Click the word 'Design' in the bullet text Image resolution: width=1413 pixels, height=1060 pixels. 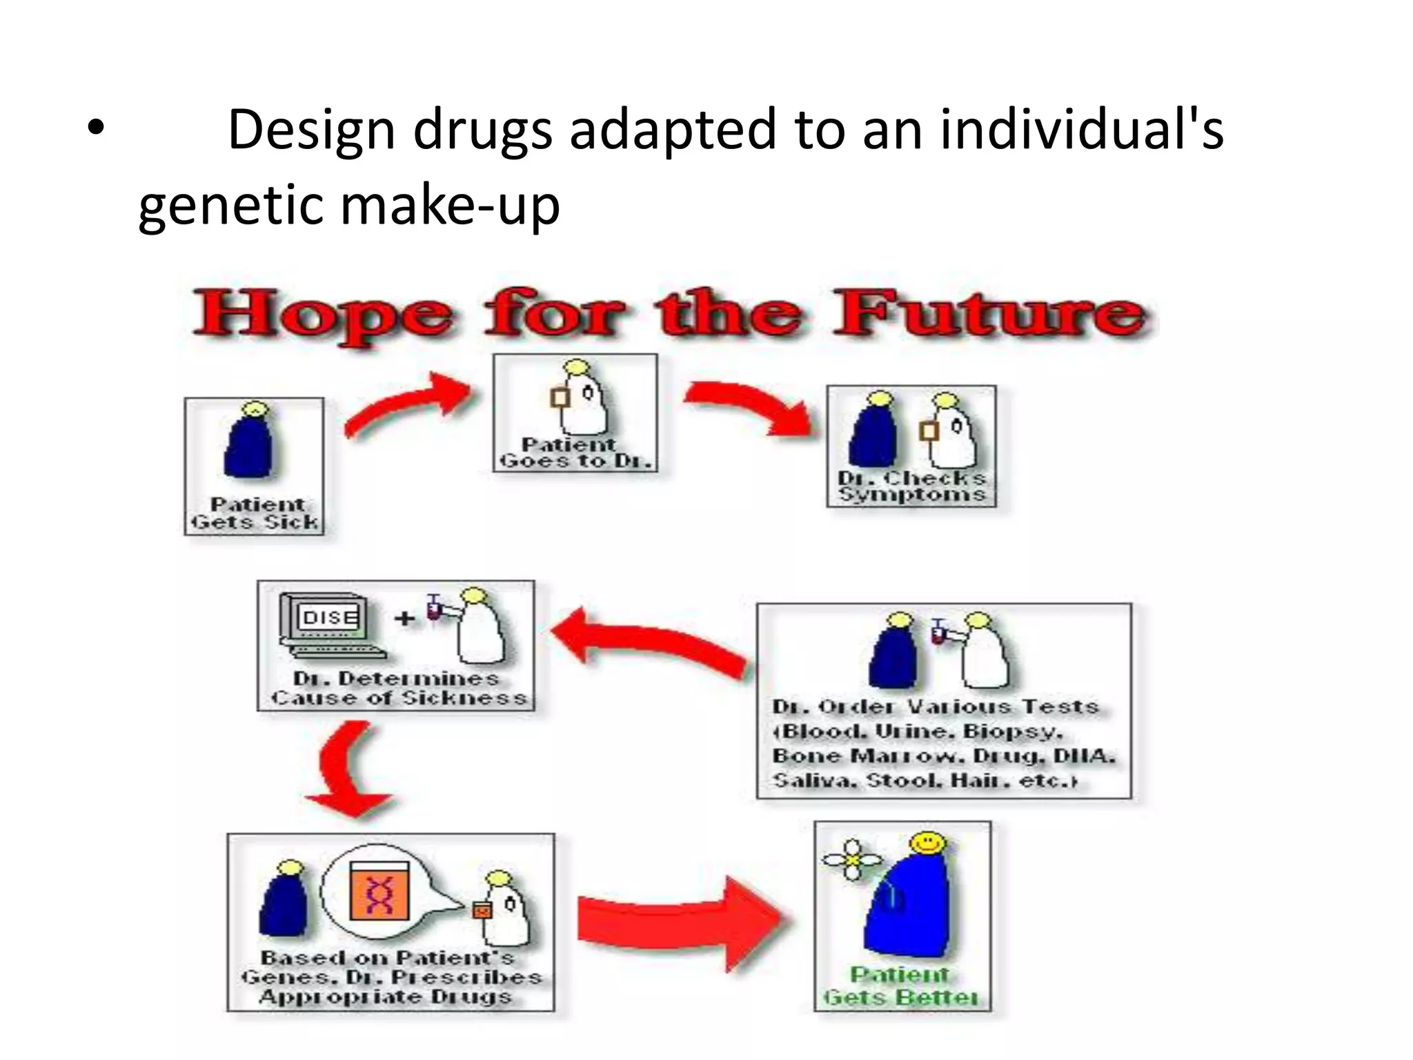click(x=310, y=130)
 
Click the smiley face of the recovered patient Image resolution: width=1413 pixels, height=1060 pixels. click(x=927, y=843)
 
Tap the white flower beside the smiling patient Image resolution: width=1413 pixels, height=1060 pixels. click(x=853, y=860)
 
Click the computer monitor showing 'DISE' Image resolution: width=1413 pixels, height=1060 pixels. click(x=328, y=618)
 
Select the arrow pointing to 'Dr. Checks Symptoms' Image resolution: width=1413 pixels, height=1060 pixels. click(x=752, y=407)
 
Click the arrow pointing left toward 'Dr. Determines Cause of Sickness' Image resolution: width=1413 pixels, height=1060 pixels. click(x=649, y=642)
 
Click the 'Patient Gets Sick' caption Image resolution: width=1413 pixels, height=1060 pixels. click(x=255, y=514)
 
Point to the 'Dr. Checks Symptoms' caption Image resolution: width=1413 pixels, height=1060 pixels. click(x=911, y=487)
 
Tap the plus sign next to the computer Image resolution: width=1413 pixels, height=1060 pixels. click(x=405, y=618)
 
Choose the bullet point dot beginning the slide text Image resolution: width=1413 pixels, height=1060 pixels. click(x=95, y=130)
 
